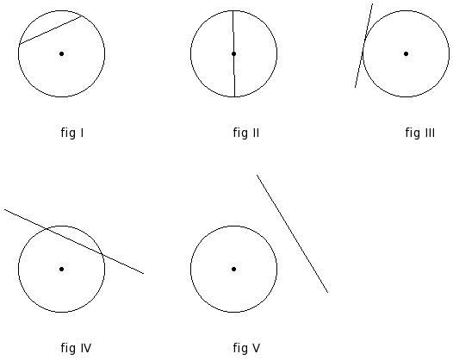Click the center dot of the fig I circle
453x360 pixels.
(x=61, y=53)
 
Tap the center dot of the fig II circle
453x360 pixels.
(x=233, y=53)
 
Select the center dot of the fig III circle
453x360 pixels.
(x=406, y=53)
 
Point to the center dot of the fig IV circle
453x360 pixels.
(x=61, y=269)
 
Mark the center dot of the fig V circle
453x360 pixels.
(x=233, y=269)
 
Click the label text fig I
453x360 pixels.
(x=72, y=133)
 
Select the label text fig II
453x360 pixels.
(x=246, y=133)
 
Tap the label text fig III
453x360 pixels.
(x=419, y=133)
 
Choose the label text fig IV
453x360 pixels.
(x=76, y=348)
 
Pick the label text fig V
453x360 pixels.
(x=246, y=348)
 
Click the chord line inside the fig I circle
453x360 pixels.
(x=51, y=30)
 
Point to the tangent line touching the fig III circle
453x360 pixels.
(x=363, y=46)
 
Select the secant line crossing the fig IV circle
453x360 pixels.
(x=74, y=241)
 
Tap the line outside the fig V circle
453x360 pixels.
(x=292, y=233)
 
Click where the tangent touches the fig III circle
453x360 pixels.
(x=363, y=47)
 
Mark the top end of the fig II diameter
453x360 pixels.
(x=233, y=10)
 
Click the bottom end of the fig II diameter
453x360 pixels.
(x=234, y=96)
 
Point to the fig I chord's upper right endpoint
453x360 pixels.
(x=83, y=16)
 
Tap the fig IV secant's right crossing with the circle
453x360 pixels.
(x=102, y=254)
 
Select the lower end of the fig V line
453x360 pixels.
(x=328, y=292)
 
